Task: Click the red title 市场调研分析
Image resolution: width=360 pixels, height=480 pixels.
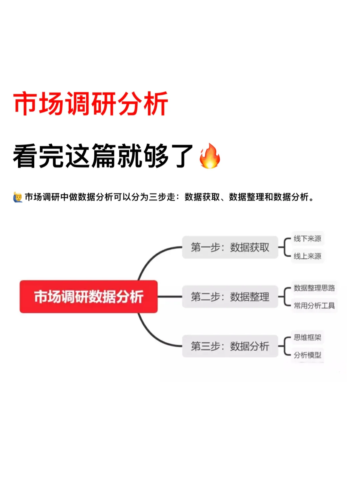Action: click(90, 104)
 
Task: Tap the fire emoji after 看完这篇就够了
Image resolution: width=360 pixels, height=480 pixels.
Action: click(210, 156)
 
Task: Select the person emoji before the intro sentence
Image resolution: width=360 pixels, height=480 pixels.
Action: click(18, 197)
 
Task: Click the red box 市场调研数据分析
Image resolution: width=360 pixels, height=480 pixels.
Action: click(89, 297)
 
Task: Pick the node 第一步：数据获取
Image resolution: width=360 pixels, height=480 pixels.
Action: click(230, 247)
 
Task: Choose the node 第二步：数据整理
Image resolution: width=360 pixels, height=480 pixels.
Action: click(230, 297)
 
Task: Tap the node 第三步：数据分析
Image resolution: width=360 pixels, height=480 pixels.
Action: click(230, 346)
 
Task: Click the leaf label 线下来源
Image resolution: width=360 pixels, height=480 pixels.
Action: click(307, 238)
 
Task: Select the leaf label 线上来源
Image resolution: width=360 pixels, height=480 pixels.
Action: click(307, 256)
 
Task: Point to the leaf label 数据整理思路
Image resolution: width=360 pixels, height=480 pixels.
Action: click(314, 288)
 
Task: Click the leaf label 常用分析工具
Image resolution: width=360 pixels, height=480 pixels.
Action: click(314, 306)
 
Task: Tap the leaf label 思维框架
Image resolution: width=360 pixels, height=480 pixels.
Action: click(307, 337)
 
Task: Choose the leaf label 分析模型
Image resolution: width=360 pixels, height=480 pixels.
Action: click(307, 355)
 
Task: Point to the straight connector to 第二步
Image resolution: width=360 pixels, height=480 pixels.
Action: click(170, 297)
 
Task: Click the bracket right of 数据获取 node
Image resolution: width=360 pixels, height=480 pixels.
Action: click(284, 247)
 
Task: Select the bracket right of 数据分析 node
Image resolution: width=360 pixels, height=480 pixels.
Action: click(284, 346)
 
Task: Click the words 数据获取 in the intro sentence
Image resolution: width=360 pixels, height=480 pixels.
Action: click(202, 197)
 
